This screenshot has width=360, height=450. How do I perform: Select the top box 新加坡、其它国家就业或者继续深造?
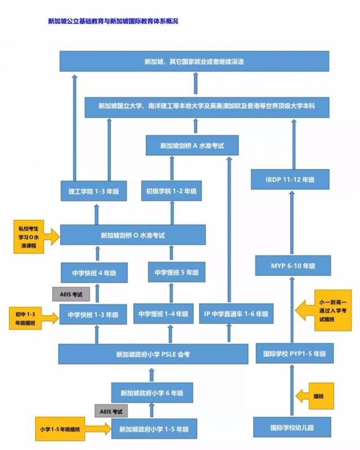(x=194, y=61)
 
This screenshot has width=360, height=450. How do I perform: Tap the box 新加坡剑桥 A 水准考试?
(x=192, y=146)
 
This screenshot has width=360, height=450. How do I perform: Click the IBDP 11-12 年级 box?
(x=290, y=179)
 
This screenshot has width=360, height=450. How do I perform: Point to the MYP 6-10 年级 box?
(x=290, y=265)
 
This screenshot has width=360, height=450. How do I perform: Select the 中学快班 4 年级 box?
(x=94, y=273)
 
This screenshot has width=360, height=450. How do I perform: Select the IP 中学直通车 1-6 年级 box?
(x=236, y=314)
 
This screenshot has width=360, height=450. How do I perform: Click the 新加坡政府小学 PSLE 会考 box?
(x=153, y=354)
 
